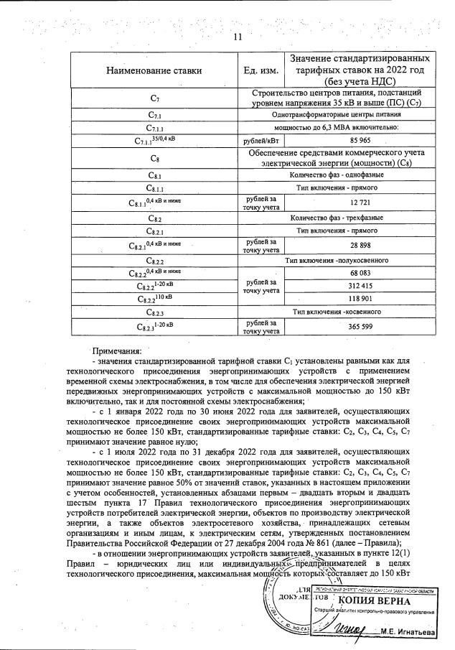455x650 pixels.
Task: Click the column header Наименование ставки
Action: [154, 70]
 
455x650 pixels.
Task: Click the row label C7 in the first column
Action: [154, 97]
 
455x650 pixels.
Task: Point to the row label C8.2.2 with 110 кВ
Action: [154, 299]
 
